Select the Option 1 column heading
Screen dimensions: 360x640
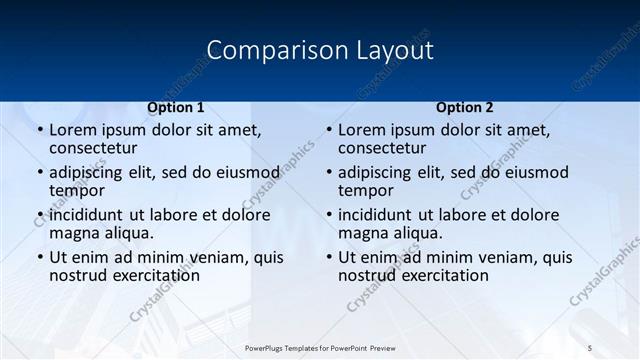[x=176, y=107]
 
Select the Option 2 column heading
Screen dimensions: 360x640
[x=464, y=107]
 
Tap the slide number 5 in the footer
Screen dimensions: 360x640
[x=590, y=347]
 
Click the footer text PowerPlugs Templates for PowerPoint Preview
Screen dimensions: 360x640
[x=320, y=347]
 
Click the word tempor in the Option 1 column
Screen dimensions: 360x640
[x=77, y=190]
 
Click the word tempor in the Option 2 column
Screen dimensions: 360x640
[x=366, y=190]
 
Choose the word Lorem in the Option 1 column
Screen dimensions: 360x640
[x=72, y=129]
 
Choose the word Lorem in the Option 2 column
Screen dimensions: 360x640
[x=361, y=129]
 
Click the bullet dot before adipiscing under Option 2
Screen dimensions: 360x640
[x=328, y=173]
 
